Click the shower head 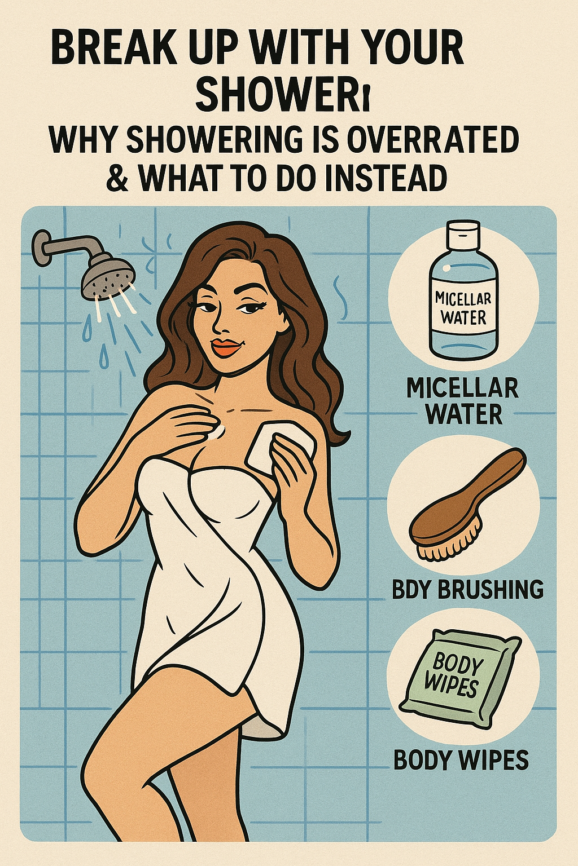pos(108,275)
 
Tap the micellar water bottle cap pos(464,236)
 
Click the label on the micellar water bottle pos(463,308)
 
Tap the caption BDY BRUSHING pos(468,589)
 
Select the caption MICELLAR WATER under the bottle pos(463,401)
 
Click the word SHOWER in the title pos(277,94)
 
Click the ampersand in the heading pos(118,178)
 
